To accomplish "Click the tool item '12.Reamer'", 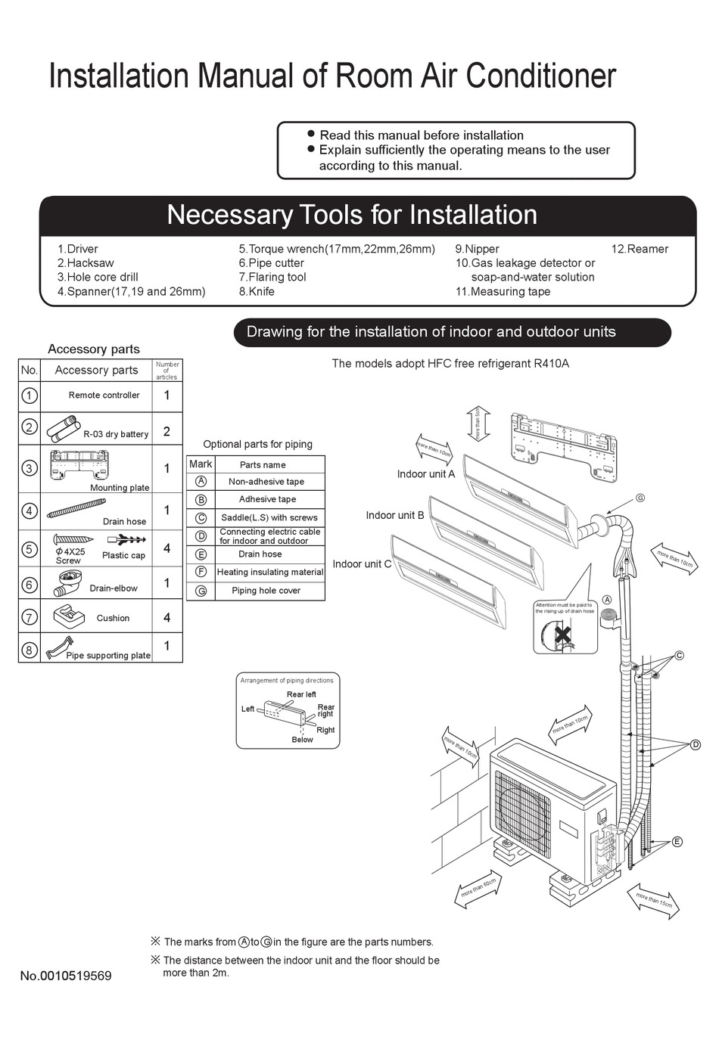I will [640, 249].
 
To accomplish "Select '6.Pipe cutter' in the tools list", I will [271, 263].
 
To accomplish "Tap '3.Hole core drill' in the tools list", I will [98, 277].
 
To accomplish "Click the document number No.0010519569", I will [66, 976].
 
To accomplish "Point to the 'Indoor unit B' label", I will [394, 515].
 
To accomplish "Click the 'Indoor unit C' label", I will [362, 563].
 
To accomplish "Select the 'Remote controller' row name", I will [104, 395].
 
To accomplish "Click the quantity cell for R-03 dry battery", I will [167, 432].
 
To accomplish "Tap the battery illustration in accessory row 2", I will [63, 427].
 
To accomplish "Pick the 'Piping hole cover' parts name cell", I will [266, 591].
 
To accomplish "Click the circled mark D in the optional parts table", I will [201, 535].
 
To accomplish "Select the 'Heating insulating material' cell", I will [269, 572].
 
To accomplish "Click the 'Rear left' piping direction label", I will [301, 694].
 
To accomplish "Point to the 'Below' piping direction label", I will [302, 740].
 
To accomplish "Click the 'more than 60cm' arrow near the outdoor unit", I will [479, 888].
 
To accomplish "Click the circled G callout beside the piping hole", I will [640, 498].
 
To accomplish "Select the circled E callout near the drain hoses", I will [677, 841].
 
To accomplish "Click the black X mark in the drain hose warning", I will [562, 634].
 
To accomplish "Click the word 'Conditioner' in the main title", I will [540, 76].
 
